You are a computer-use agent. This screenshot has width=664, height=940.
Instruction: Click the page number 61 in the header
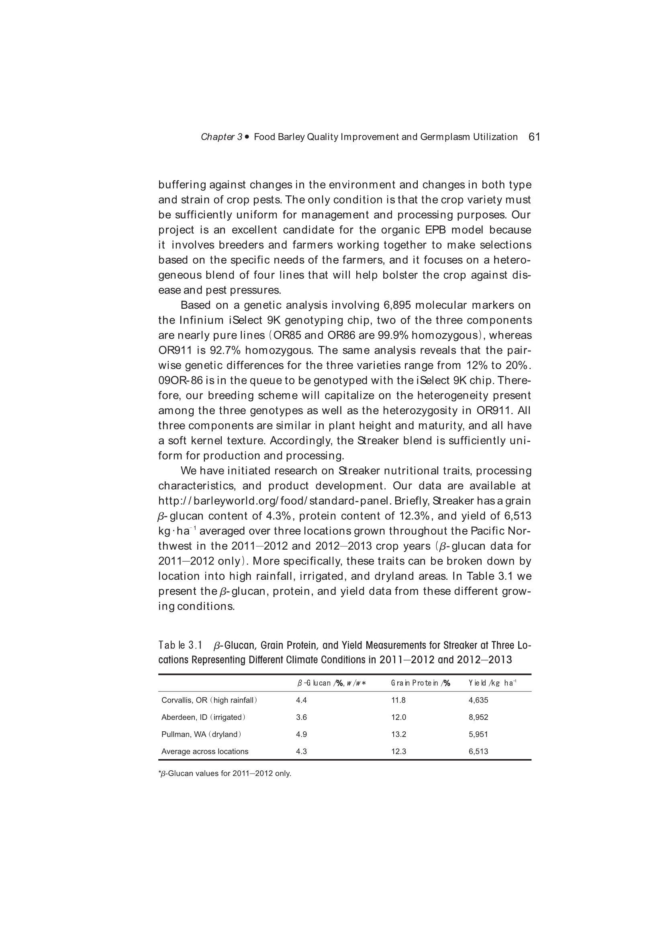(534, 137)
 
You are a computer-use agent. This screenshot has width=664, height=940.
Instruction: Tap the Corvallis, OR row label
(209, 700)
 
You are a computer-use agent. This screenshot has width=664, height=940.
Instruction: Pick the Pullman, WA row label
(201, 734)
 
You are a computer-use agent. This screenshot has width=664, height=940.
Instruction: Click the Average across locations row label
(204, 751)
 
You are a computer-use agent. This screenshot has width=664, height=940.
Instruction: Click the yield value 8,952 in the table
(478, 717)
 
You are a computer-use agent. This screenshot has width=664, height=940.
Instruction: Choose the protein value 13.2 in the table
(398, 734)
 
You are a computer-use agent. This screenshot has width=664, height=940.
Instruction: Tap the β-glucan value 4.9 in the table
(301, 734)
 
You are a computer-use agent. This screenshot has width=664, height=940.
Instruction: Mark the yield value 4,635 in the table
(478, 700)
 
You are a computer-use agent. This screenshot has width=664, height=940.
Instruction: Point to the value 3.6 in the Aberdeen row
(301, 717)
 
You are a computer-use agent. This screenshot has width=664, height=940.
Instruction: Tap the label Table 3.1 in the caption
(180, 646)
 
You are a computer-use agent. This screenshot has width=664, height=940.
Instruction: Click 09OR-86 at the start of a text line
(180, 381)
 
